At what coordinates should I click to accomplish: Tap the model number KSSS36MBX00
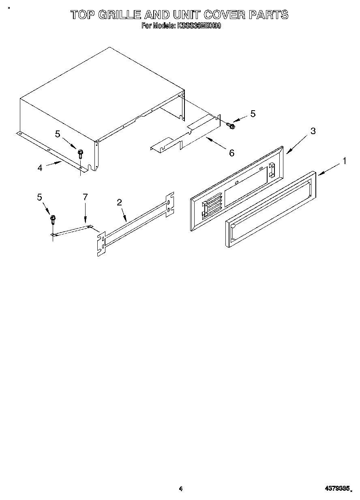(x=199, y=26)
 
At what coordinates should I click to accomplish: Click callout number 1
(x=344, y=161)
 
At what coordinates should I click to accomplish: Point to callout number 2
(x=119, y=202)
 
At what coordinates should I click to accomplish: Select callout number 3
(x=313, y=131)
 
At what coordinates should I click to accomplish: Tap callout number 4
(x=40, y=168)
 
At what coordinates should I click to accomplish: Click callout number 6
(x=231, y=153)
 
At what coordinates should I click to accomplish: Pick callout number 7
(x=85, y=197)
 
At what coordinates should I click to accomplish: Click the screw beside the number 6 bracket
(x=231, y=126)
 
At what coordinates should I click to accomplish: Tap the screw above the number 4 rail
(x=80, y=154)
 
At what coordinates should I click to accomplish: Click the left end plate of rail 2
(x=101, y=243)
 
